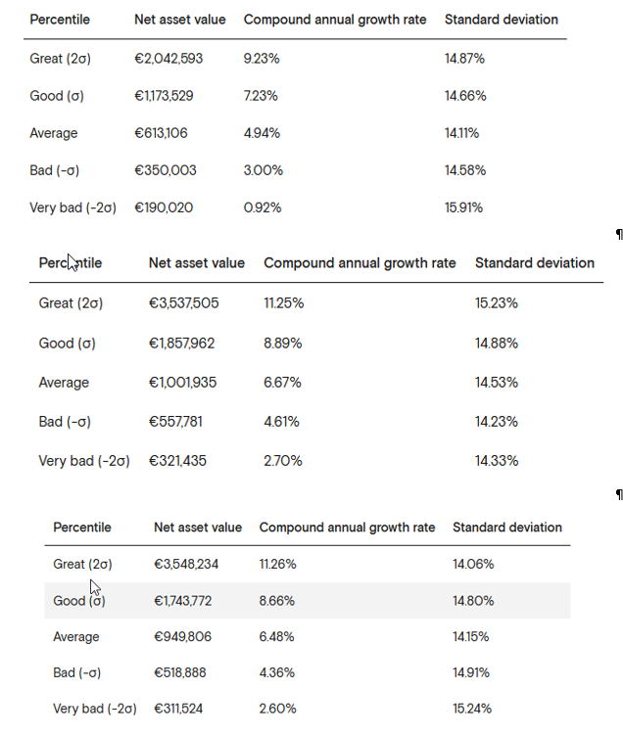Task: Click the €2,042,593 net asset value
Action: [x=168, y=59]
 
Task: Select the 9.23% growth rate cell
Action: [x=262, y=59]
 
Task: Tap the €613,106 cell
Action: [x=161, y=133]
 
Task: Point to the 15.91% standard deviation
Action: [x=463, y=207]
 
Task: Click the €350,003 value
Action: [x=166, y=170]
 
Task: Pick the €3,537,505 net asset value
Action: [x=184, y=303]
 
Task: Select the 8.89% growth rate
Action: [x=283, y=344]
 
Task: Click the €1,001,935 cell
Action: [x=183, y=383]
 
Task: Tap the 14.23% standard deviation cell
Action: [x=496, y=422]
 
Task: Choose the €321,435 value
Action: [x=177, y=461]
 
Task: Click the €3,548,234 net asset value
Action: [x=186, y=564]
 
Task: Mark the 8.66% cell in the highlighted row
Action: [x=277, y=601]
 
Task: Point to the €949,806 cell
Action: [x=183, y=637]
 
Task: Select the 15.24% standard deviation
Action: [x=472, y=709]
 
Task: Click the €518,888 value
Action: [x=180, y=673]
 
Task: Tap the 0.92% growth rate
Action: [x=263, y=207]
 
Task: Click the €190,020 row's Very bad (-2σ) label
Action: [x=72, y=207]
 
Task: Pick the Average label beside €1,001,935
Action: [x=64, y=383]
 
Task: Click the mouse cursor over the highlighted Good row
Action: [x=95, y=587]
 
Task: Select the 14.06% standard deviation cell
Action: [x=473, y=564]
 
